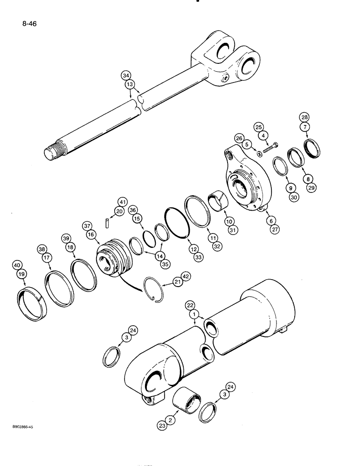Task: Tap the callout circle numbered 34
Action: pos(126,75)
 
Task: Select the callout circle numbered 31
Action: pos(231,230)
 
